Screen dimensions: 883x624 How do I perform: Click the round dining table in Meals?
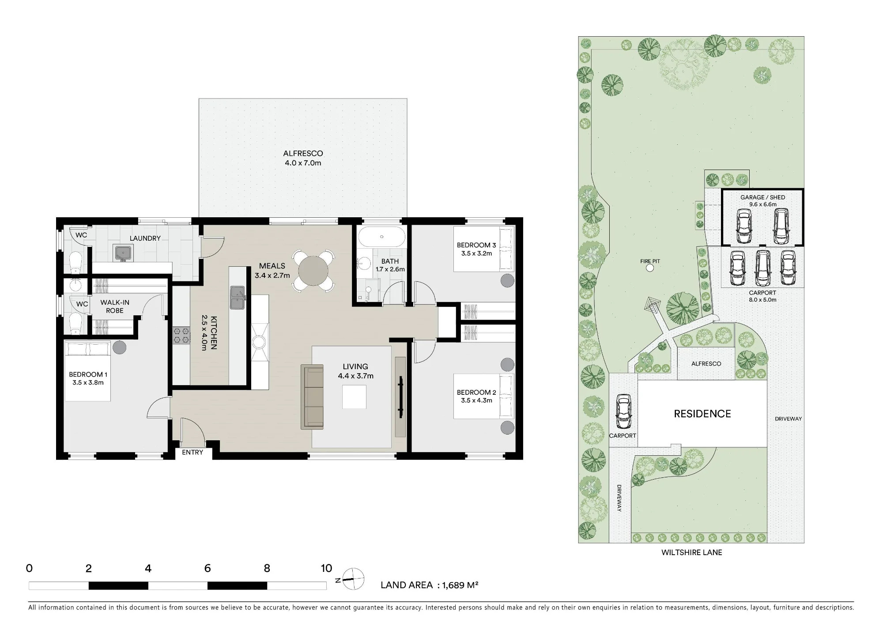tap(313, 271)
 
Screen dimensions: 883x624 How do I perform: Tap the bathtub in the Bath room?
tap(382, 237)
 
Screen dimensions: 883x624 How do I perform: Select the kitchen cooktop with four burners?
tap(181, 335)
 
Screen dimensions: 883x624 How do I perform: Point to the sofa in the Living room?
tap(312, 397)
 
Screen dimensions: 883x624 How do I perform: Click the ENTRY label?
tap(192, 452)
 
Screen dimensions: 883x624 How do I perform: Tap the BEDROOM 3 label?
tap(476, 245)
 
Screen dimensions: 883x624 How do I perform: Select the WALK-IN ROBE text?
tap(115, 306)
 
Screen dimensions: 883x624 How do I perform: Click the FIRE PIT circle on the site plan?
tap(650, 268)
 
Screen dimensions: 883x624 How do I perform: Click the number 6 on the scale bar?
tap(208, 568)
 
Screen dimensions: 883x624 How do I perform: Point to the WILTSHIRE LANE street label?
tap(692, 552)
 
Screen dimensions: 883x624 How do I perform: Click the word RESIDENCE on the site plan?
tap(702, 414)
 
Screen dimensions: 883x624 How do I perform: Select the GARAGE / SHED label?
tap(763, 197)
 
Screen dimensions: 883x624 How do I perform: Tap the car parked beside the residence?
tap(623, 412)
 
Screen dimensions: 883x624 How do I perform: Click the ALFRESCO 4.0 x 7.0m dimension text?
tap(303, 163)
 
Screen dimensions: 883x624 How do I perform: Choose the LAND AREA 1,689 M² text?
tap(430, 585)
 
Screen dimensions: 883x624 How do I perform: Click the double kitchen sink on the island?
tap(238, 297)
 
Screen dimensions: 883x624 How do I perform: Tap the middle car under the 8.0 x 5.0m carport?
tap(762, 268)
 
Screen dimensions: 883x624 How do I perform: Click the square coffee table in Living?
tap(354, 397)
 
